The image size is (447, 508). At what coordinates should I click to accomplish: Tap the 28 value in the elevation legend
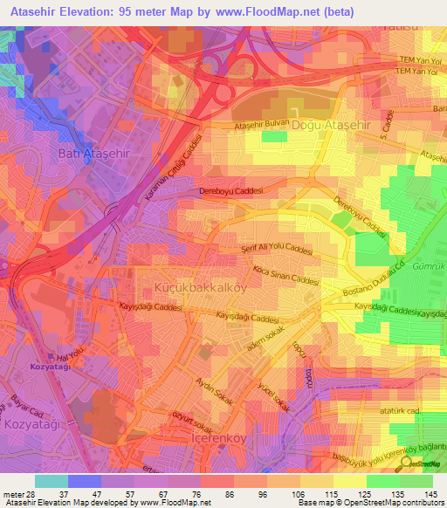[31, 493]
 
